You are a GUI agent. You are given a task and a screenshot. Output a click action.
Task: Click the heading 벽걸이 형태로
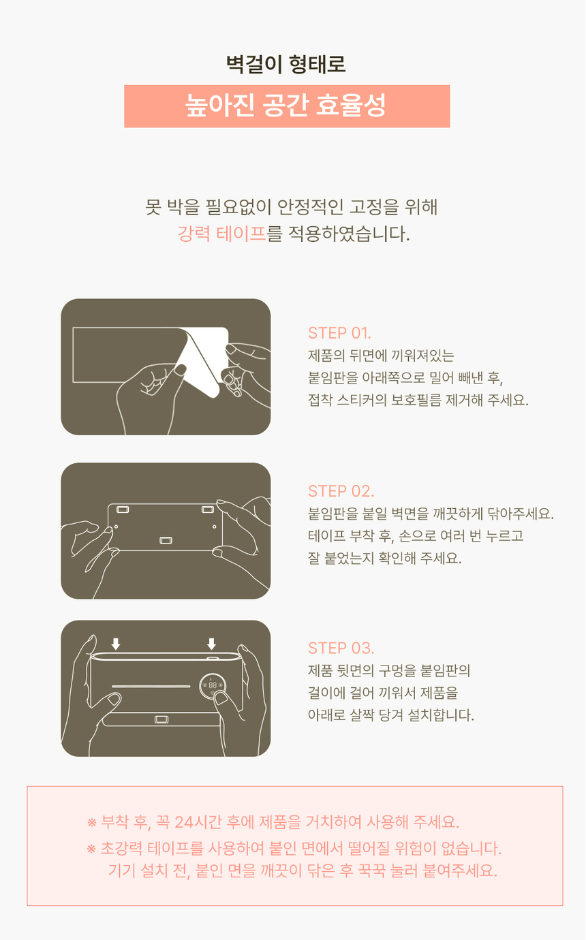286,65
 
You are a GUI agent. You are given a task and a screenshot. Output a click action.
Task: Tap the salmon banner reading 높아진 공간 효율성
287,106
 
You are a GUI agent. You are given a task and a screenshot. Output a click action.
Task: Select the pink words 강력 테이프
221,234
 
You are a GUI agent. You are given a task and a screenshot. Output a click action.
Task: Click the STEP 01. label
339,333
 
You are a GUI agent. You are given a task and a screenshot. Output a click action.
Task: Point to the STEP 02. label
341,491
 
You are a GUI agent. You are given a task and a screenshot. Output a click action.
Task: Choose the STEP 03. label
341,648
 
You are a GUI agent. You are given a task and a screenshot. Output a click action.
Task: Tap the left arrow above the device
116,644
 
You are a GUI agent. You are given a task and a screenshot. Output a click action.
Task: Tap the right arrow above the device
211,644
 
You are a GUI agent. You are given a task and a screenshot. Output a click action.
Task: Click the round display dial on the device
213,686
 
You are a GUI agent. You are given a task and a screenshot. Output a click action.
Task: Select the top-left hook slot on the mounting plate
123,510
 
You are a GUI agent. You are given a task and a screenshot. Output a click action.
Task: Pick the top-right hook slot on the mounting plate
208,510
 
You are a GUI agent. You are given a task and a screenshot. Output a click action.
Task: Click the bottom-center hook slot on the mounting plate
166,540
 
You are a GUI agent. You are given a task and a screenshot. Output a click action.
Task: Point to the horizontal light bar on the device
151,687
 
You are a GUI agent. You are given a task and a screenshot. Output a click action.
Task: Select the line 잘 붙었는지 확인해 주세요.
384,558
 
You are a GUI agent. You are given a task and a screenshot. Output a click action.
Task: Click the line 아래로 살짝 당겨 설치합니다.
391,715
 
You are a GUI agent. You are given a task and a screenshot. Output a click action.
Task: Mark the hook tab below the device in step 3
161,719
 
